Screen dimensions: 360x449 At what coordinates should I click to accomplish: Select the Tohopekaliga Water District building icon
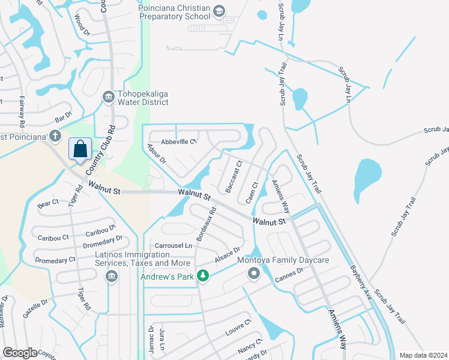pyautogui.click(x=109, y=96)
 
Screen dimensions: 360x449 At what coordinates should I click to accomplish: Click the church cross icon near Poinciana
pyautogui.click(x=55, y=135)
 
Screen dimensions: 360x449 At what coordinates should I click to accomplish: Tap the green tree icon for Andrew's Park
pyautogui.click(x=203, y=275)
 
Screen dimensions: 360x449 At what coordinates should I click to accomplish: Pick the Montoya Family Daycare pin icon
pyautogui.click(x=253, y=274)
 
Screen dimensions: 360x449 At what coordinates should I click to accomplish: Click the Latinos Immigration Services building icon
pyautogui.click(x=110, y=275)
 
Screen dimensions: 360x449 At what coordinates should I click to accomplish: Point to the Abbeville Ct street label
pyautogui.click(x=179, y=142)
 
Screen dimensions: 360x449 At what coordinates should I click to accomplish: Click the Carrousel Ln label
pyautogui.click(x=173, y=245)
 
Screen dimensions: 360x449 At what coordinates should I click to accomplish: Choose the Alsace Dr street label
pyautogui.click(x=228, y=254)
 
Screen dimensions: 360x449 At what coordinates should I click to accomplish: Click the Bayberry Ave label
pyautogui.click(x=361, y=283)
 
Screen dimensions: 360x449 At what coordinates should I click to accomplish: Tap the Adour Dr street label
pyautogui.click(x=156, y=154)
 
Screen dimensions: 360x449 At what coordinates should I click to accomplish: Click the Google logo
pyautogui.click(x=20, y=353)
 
